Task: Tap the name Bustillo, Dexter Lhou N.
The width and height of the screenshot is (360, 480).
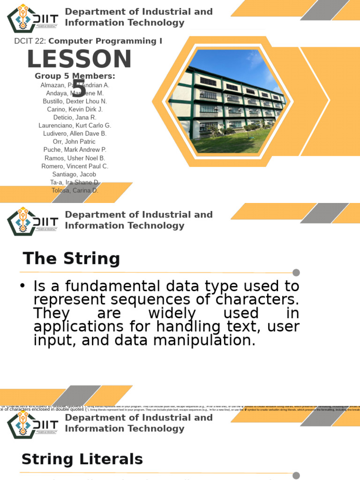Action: pos(75,101)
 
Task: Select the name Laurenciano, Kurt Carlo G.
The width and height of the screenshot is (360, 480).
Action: pos(75,126)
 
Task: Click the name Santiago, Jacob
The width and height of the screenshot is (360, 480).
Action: pos(75,174)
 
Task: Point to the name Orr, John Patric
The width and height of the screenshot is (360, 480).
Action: pos(75,142)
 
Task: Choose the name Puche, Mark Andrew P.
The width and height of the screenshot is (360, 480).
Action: pos(75,150)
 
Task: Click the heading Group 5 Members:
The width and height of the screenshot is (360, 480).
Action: pos(75,76)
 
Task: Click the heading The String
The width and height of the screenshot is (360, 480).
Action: pos(71,259)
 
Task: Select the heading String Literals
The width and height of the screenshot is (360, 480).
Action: pos(82,459)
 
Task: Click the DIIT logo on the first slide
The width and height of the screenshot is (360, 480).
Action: pos(33,19)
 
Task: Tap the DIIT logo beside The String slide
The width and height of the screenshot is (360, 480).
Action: pos(33,221)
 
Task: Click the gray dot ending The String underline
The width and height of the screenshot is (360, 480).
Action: pos(296,273)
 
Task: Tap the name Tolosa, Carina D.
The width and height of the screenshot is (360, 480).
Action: pos(75,190)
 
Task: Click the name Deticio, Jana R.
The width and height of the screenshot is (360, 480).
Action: pos(75,117)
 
